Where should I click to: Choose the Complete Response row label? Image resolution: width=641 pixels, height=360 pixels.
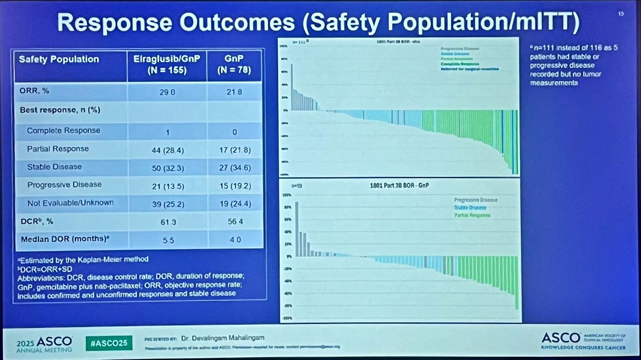64,130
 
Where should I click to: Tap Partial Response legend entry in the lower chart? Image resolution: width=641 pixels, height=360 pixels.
472,215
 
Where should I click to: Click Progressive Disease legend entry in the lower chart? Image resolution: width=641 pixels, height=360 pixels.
475,200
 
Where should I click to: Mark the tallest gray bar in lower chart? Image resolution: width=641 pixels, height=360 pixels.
296,229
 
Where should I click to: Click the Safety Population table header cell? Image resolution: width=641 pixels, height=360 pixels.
59,59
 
